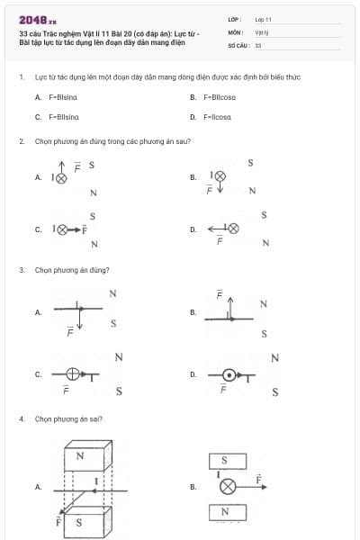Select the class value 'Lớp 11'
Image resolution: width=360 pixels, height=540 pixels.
pyautogui.click(x=263, y=19)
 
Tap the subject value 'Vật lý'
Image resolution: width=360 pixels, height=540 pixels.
pyautogui.click(x=261, y=31)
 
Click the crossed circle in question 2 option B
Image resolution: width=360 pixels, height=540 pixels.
pyautogui.click(x=219, y=177)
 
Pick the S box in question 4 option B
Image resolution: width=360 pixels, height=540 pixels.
pyautogui.click(x=225, y=461)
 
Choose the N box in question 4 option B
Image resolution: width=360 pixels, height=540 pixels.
pyautogui.click(x=225, y=512)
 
